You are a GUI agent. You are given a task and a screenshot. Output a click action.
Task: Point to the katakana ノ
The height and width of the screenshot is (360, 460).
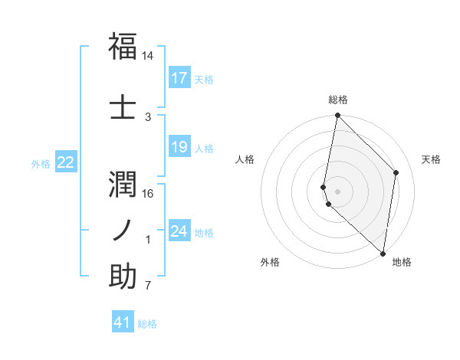pyautogui.click(x=123, y=228)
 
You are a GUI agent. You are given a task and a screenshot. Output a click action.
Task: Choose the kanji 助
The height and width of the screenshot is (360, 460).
pyautogui.click(x=123, y=275)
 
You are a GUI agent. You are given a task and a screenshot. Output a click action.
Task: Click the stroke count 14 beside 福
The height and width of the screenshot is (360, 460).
pyautogui.click(x=148, y=57)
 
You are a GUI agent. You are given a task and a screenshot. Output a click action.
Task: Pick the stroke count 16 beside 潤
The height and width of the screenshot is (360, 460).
pyautogui.click(x=148, y=193)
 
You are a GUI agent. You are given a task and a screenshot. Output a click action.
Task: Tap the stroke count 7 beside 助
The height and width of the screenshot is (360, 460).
pyautogui.click(x=148, y=286)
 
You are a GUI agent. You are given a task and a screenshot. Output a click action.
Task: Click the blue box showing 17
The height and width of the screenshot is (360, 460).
pyautogui.click(x=179, y=78)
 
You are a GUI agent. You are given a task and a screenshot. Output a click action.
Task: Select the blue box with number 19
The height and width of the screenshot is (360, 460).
pyautogui.click(x=179, y=147)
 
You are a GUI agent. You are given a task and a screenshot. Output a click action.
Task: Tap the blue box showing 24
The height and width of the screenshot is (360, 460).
pyautogui.click(x=179, y=231)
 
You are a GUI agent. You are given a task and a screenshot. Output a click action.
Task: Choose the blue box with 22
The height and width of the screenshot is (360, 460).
pyautogui.click(x=66, y=162)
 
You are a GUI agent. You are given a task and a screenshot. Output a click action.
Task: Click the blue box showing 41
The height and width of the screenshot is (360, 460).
pyautogui.click(x=123, y=322)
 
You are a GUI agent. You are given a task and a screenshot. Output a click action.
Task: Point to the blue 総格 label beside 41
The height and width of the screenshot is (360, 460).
pyautogui.click(x=147, y=324)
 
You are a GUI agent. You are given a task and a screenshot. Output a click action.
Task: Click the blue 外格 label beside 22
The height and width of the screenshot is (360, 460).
pyautogui.click(x=41, y=163)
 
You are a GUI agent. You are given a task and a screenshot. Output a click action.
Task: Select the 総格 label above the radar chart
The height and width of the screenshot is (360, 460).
pyautogui.click(x=338, y=100)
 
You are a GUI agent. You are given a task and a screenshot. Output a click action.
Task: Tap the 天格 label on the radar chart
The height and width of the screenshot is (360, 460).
pyautogui.click(x=431, y=159)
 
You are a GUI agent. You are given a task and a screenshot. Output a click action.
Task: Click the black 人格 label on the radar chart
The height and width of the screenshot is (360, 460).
pyautogui.click(x=245, y=159)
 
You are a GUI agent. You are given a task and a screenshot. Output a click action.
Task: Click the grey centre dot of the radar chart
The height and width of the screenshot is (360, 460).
pyautogui.click(x=338, y=191)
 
